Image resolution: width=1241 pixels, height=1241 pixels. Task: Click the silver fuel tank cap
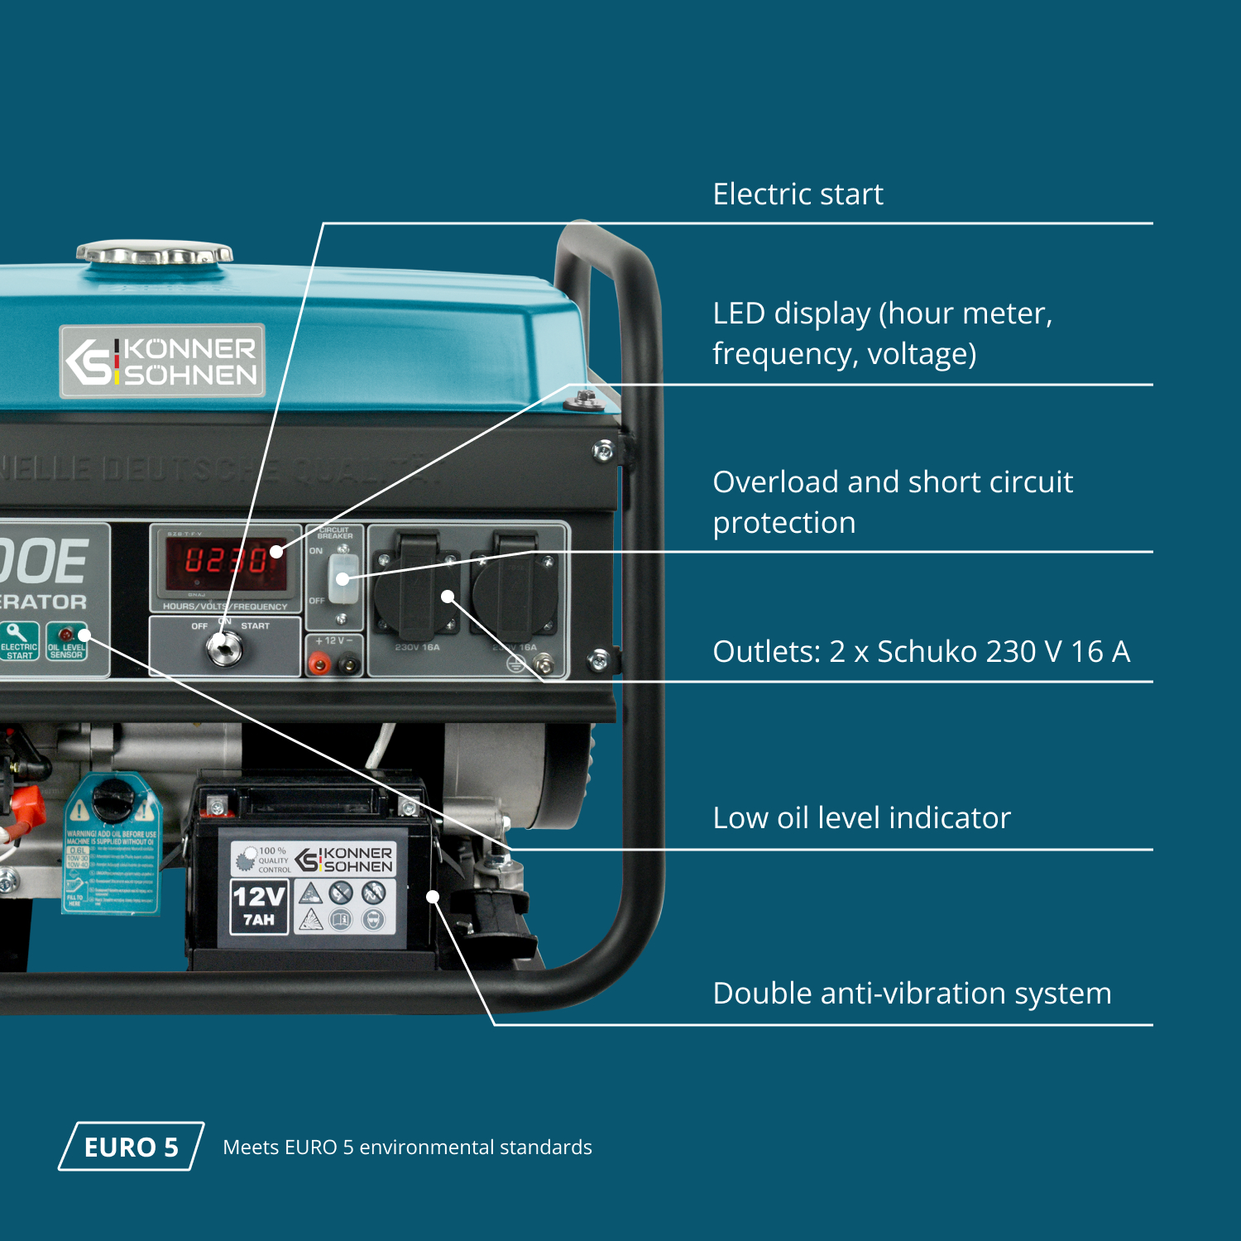click(x=155, y=252)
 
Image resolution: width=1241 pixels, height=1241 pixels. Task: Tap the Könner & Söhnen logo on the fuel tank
click(x=162, y=362)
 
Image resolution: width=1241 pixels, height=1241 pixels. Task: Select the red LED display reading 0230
click(x=225, y=561)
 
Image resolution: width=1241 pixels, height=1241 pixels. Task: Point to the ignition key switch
click(x=224, y=649)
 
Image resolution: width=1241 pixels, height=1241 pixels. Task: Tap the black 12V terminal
click(x=349, y=664)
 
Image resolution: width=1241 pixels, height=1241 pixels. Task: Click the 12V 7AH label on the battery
click(x=259, y=906)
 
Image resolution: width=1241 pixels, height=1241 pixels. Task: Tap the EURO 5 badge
click(x=131, y=1147)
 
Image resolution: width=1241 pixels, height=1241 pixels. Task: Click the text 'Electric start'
click(x=798, y=194)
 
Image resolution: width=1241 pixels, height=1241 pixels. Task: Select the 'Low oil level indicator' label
click(x=861, y=818)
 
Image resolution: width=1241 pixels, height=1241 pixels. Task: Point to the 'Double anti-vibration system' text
click(x=912, y=994)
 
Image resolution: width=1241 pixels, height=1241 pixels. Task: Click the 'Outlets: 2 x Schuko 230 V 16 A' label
click(x=921, y=652)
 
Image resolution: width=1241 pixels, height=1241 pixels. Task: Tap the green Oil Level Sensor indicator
click(x=66, y=642)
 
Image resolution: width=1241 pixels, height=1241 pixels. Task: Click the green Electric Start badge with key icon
click(x=19, y=642)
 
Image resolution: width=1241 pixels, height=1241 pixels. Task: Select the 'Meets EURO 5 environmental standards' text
click(x=407, y=1148)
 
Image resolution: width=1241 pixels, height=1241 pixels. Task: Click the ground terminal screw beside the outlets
click(x=544, y=663)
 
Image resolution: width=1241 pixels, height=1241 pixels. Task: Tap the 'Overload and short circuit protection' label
click(x=892, y=502)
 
